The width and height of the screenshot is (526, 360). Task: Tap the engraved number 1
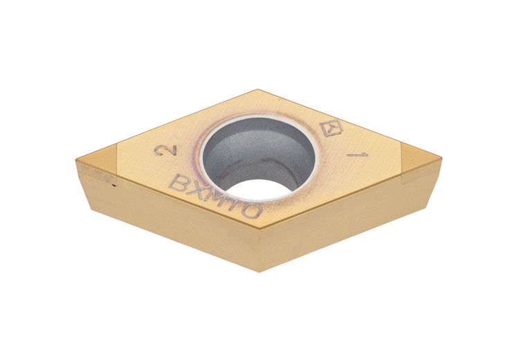(x=357, y=154)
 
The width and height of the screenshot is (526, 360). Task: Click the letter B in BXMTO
(x=179, y=184)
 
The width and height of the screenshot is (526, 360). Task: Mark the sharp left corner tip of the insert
(x=77, y=161)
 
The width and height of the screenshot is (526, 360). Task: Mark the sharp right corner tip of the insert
(x=440, y=159)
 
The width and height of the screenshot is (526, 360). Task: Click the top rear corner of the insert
(x=257, y=90)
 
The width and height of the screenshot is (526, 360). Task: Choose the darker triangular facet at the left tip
(x=97, y=160)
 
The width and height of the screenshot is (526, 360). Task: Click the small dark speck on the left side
(x=114, y=184)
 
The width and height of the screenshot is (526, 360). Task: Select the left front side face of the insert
(x=173, y=215)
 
